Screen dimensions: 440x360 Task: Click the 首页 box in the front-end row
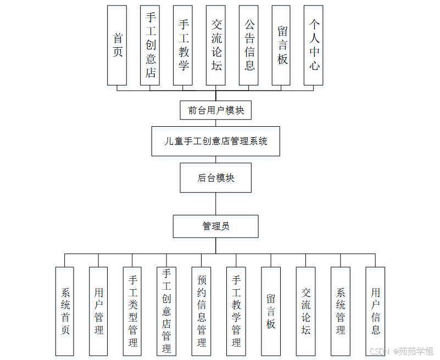(117, 45)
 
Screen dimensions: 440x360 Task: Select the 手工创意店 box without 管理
(150, 45)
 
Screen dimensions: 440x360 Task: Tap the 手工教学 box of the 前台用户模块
(183, 45)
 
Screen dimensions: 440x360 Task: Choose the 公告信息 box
(249, 45)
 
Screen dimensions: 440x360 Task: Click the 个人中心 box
(314, 45)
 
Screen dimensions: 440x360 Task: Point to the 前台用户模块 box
(216, 110)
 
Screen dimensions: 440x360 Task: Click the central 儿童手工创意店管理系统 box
(216, 141)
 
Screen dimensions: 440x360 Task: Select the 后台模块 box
(216, 177)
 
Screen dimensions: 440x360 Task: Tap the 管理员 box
(216, 226)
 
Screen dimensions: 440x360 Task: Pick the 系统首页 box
(65, 311)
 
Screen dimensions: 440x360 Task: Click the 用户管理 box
(99, 311)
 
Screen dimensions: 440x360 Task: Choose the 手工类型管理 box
(132, 311)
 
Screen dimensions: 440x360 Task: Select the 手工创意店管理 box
(166, 311)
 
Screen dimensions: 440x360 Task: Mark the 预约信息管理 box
(201, 311)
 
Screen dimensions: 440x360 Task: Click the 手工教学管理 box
(236, 311)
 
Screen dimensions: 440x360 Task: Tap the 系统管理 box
(341, 311)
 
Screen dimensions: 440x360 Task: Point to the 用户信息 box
(375, 311)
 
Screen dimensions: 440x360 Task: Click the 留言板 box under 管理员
(271, 311)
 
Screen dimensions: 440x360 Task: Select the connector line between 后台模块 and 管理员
(216, 204)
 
